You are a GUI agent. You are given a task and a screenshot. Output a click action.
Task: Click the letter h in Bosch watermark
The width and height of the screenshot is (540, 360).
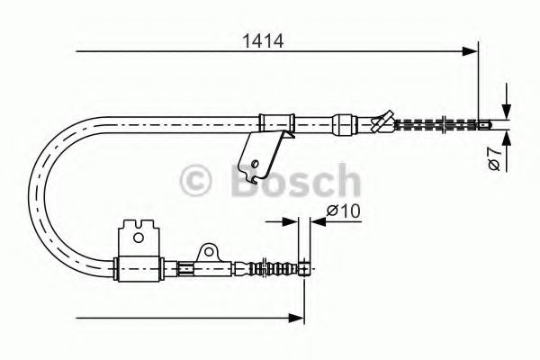tap(346, 180)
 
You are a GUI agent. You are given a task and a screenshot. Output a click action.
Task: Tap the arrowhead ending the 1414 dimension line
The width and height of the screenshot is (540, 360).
tap(469, 53)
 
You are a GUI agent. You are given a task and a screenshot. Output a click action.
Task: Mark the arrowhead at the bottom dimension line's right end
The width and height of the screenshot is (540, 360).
tap(295, 316)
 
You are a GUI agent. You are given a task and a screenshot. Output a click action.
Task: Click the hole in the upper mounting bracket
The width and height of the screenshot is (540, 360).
tap(256, 164)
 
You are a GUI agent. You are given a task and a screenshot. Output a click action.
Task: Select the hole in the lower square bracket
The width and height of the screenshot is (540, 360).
tap(139, 238)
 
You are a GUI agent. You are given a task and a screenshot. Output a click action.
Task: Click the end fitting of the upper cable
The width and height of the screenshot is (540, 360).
tap(484, 124)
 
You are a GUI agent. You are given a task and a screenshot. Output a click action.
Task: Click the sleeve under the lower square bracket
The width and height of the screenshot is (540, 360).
tap(140, 266)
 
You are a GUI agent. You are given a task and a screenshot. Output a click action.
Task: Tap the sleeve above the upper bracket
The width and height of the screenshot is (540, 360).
tap(277, 120)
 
